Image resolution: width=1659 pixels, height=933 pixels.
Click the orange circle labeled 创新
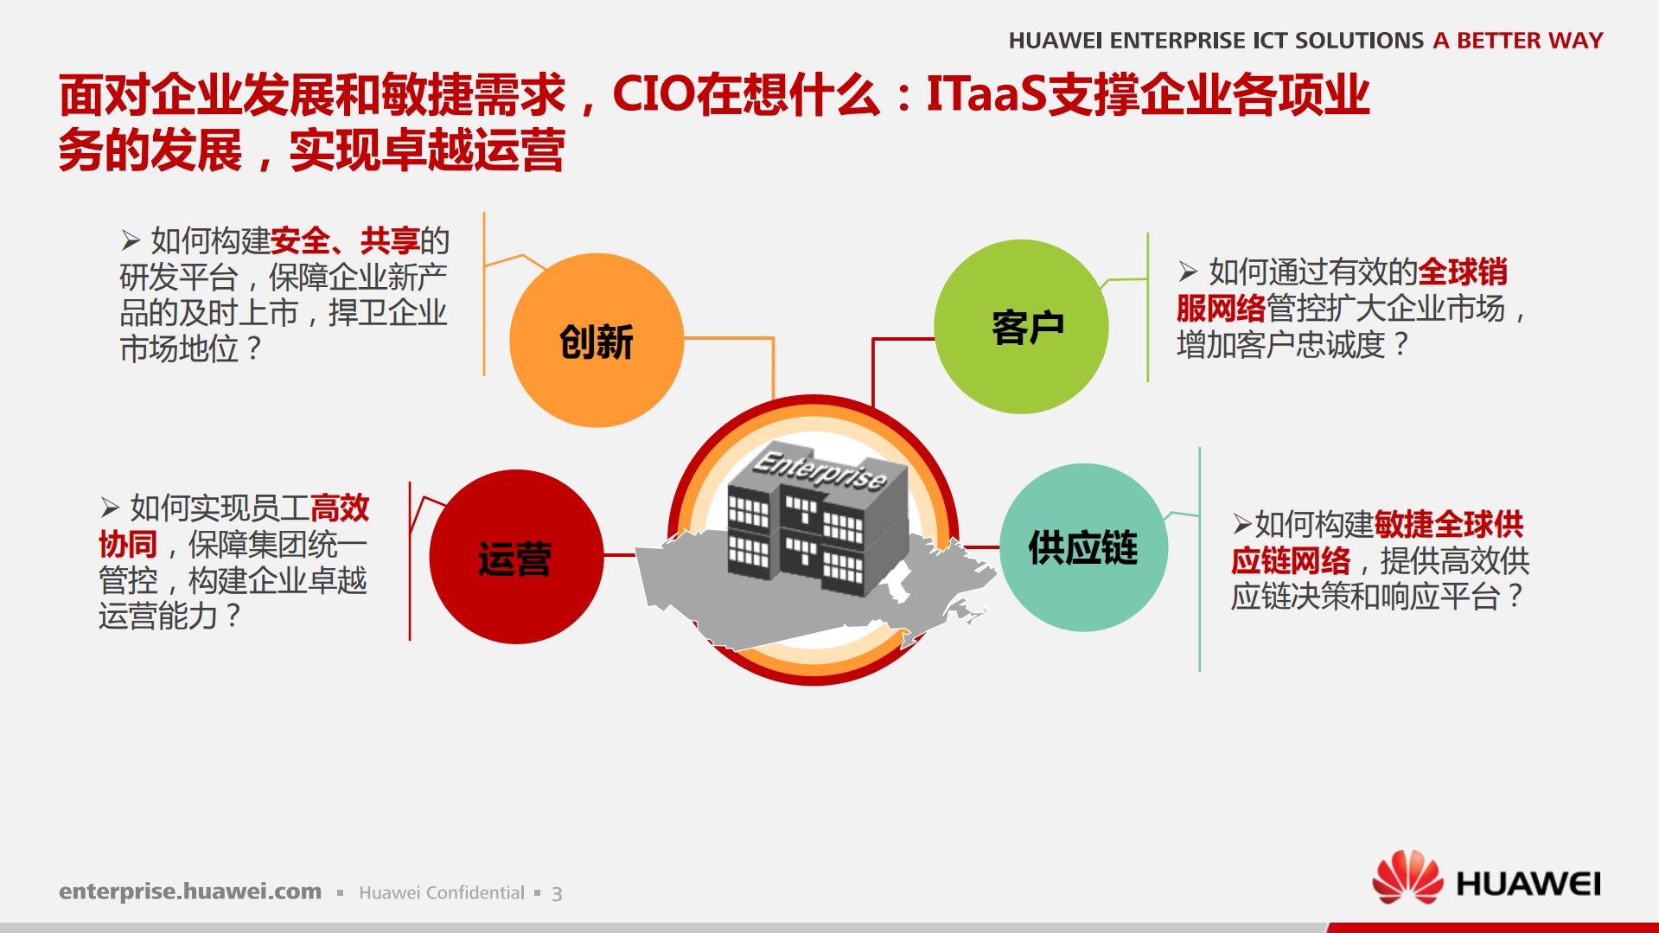pos(596,340)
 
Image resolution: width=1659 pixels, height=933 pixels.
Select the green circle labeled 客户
pos(1021,327)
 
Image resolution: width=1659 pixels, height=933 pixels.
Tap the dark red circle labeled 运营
pos(516,557)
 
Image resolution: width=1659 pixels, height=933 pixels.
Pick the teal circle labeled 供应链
pos(1083,547)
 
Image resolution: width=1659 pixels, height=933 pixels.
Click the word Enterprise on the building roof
pos(819,469)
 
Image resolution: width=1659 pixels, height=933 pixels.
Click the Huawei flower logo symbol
pos(1407,877)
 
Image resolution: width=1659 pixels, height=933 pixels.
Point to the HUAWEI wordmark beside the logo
pos(1528,884)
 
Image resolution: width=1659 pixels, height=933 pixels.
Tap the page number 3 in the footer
pos(557,894)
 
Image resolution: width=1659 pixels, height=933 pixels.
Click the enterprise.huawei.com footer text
pos(190,891)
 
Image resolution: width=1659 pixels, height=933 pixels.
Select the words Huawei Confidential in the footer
pos(441,893)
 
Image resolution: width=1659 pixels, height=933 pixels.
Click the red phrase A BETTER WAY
pos(1517,41)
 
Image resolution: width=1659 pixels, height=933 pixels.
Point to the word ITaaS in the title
pos(986,94)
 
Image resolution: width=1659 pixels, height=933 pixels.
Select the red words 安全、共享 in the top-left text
pos(344,240)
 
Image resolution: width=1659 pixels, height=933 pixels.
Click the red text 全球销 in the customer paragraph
pos(1463,272)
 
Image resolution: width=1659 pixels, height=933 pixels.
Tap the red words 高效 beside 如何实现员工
pos(339,508)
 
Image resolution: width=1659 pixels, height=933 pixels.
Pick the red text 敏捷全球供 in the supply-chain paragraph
pos(1448,524)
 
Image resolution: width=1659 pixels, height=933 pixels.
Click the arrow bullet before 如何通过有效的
pos(1188,272)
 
